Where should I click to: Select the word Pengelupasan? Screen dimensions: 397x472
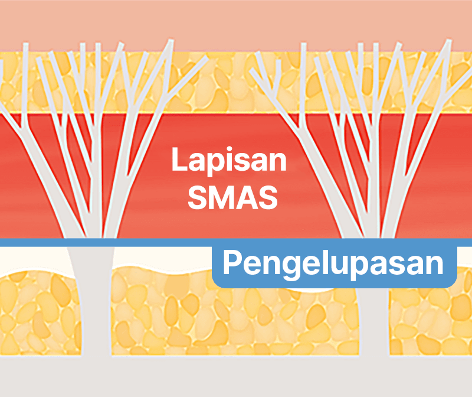(333, 264)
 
